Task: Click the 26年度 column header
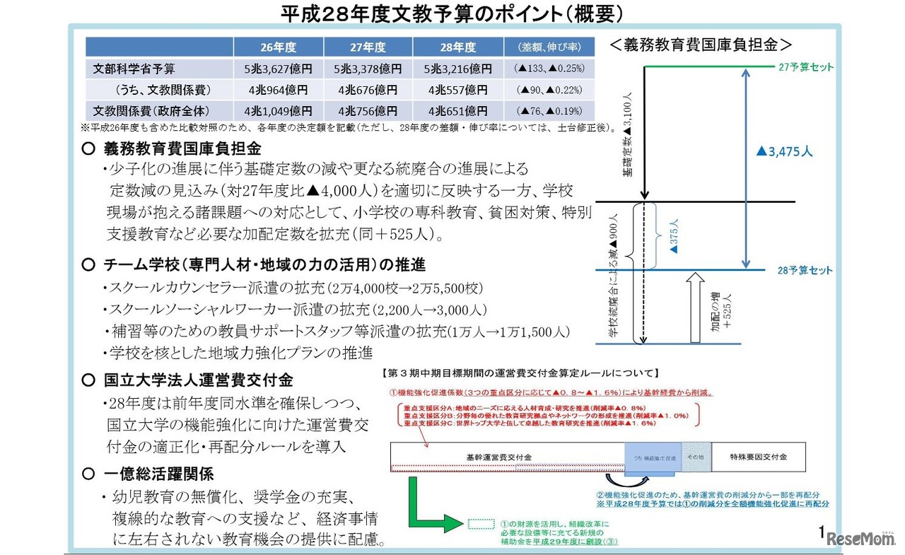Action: click(x=278, y=47)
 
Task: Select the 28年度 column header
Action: click(x=457, y=47)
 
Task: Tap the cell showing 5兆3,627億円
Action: click(x=278, y=69)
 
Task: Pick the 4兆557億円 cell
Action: click(x=457, y=90)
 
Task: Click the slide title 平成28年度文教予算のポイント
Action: click(x=452, y=13)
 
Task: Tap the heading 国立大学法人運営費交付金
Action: click(x=197, y=380)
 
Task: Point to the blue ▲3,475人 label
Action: click(x=785, y=151)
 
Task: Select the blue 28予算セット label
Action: click(x=805, y=271)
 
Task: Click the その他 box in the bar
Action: click(x=696, y=457)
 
